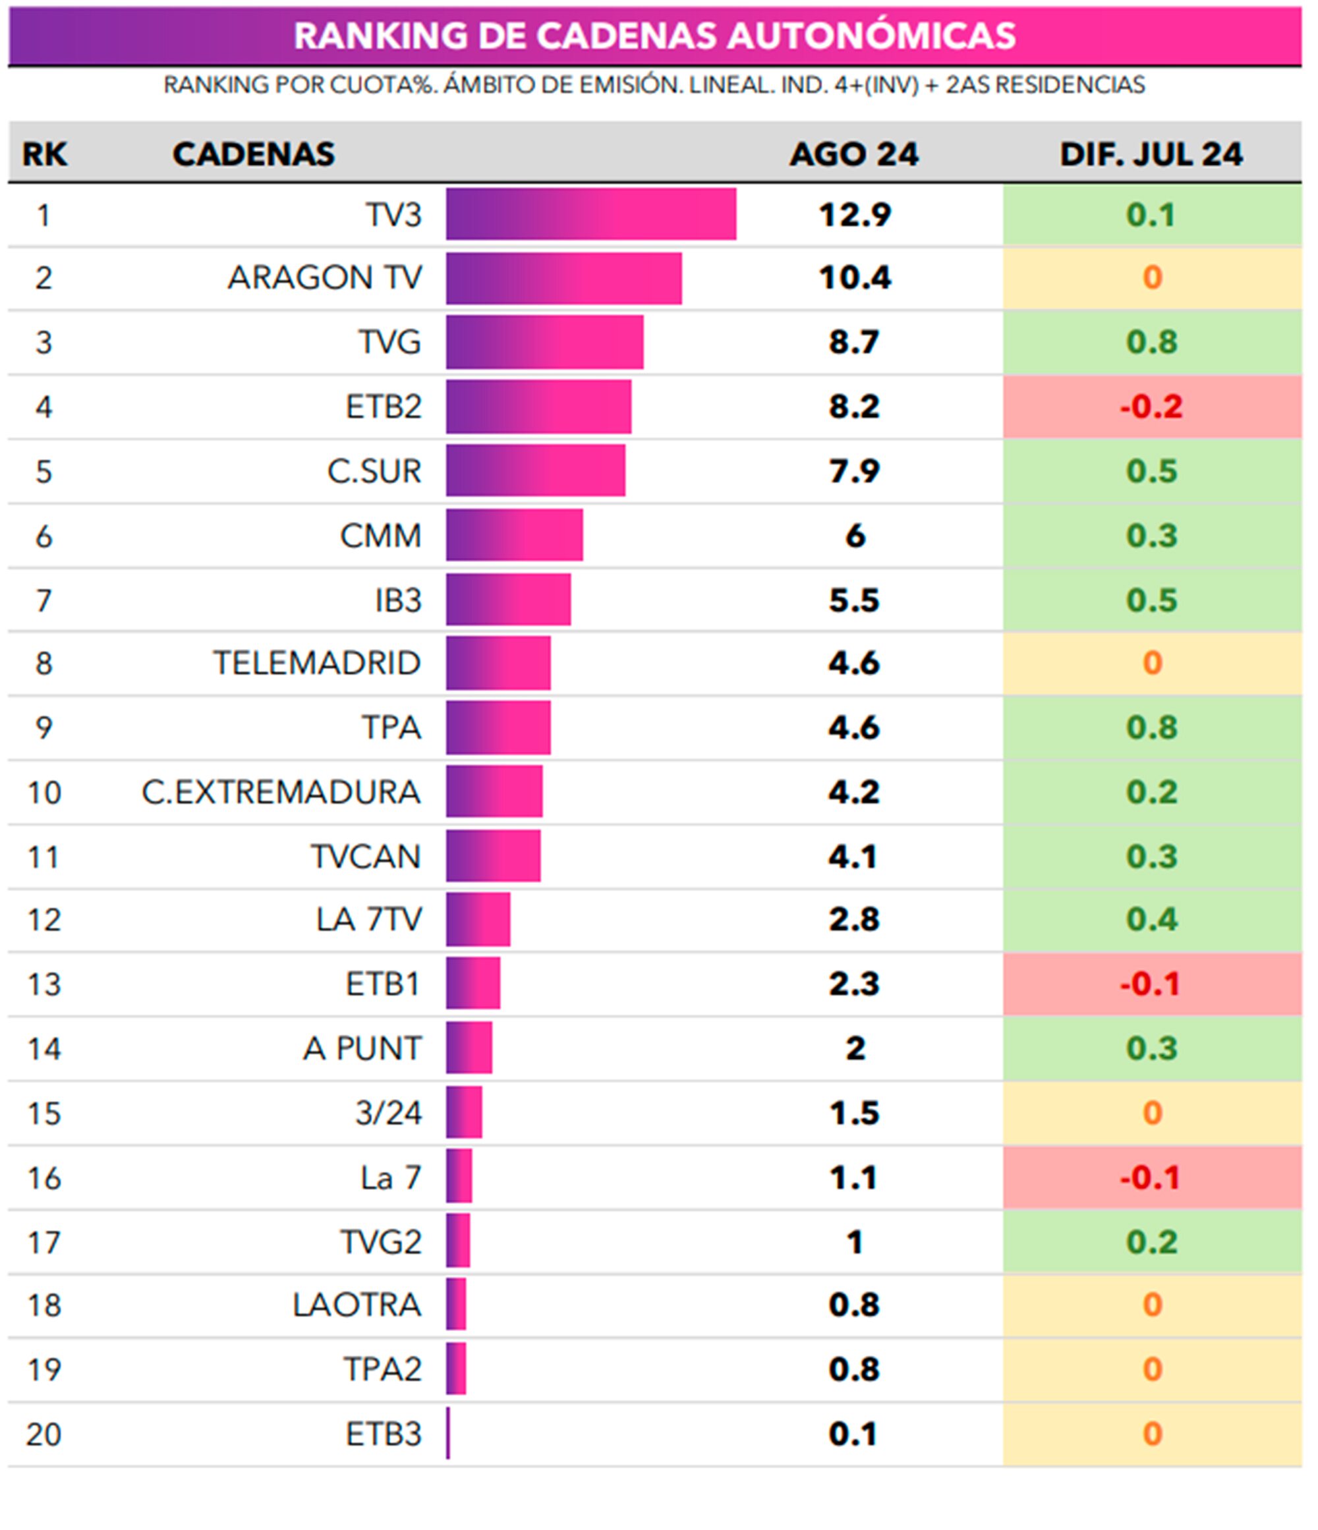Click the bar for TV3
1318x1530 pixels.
(x=590, y=214)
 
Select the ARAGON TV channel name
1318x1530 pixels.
(x=324, y=277)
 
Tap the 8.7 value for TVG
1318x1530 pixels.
(x=854, y=342)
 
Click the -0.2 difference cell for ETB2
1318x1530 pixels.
(x=1151, y=407)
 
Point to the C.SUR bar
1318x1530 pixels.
(x=535, y=470)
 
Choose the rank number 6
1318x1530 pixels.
(x=43, y=536)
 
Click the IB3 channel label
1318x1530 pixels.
(x=398, y=600)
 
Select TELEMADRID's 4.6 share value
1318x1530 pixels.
(x=854, y=663)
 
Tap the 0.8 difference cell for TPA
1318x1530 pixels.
(x=1151, y=727)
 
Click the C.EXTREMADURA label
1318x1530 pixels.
(x=281, y=792)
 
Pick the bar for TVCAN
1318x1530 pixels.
(x=493, y=857)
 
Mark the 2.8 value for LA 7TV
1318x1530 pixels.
(x=854, y=919)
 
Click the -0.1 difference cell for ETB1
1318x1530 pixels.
(x=1151, y=984)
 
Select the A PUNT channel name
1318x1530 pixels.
(x=362, y=1048)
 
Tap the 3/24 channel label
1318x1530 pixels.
(x=388, y=1113)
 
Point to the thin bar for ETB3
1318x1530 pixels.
(x=448, y=1434)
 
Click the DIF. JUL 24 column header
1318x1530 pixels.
(x=1151, y=154)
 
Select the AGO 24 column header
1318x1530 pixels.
(x=854, y=154)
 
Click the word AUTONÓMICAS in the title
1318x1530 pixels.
(x=871, y=36)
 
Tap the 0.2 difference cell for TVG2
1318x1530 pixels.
(x=1151, y=1242)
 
